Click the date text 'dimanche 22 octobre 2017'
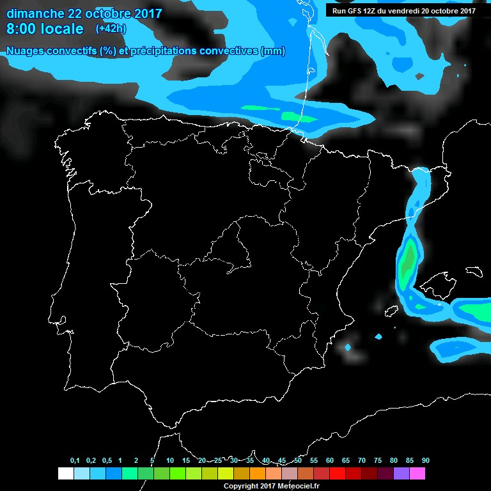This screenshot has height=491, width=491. [84, 13]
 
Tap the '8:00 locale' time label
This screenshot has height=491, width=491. [45, 29]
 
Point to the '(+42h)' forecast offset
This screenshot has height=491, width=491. [111, 29]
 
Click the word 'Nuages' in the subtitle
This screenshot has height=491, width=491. [26, 51]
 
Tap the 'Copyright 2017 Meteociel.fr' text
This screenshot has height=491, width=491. [272, 486]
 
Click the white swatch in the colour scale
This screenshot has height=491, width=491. [65, 474]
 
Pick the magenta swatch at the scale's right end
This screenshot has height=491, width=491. [417, 474]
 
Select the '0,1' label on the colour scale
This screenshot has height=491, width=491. [75, 461]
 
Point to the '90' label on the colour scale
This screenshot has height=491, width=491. [425, 461]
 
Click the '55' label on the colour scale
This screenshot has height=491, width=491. [313, 461]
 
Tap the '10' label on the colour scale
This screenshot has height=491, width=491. [169, 461]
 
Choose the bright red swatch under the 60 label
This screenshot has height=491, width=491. [337, 474]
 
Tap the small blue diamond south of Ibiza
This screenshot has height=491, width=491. [348, 348]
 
